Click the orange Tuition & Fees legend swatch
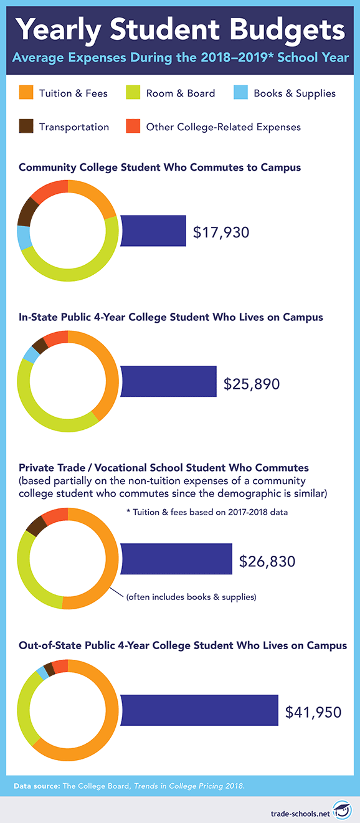(x=26, y=92)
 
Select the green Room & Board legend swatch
(x=133, y=92)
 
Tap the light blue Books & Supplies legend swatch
(x=240, y=92)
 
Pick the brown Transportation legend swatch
(x=26, y=126)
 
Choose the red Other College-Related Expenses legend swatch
(x=133, y=126)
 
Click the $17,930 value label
(x=221, y=232)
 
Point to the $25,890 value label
(x=252, y=384)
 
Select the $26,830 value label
(x=267, y=561)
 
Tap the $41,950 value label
(x=313, y=712)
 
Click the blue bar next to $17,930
(x=153, y=231)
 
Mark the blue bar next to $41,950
(x=199, y=710)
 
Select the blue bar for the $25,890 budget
(x=169, y=381)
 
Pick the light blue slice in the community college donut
(x=24, y=237)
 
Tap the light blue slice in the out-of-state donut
(x=42, y=673)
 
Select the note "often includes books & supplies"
(x=191, y=597)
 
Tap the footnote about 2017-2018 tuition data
(x=207, y=512)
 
